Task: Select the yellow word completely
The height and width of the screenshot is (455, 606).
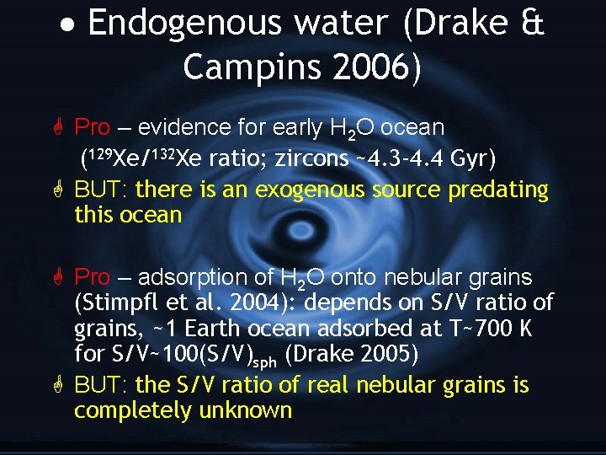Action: [x=133, y=410]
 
